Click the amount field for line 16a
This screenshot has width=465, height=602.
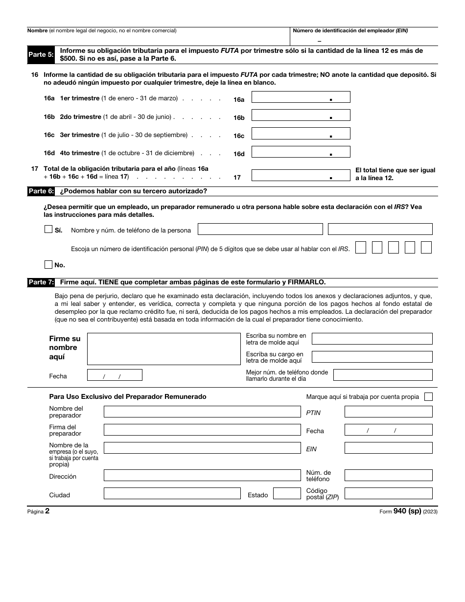click(x=301, y=97)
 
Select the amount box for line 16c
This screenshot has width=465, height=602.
click(x=301, y=133)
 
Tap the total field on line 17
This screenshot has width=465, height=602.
click(x=301, y=175)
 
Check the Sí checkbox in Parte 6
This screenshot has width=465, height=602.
click(x=48, y=229)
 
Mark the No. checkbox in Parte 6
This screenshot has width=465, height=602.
click(x=48, y=265)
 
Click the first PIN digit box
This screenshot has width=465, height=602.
click(x=361, y=248)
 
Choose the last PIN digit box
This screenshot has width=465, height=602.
click(x=426, y=248)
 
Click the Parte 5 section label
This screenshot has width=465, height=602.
click(x=41, y=54)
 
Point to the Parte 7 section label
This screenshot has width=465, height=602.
click(x=41, y=282)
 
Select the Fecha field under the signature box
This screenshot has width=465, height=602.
click(x=115, y=375)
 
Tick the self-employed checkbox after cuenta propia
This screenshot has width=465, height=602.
click(x=428, y=397)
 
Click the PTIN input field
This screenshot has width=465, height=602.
click(x=388, y=412)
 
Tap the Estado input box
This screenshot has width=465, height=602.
click(x=286, y=493)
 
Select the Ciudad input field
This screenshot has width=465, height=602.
click(x=172, y=493)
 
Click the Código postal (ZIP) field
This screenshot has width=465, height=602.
click(x=388, y=493)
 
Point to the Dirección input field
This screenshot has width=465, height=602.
click(x=202, y=475)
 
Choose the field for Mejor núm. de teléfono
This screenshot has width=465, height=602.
click(x=383, y=375)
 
